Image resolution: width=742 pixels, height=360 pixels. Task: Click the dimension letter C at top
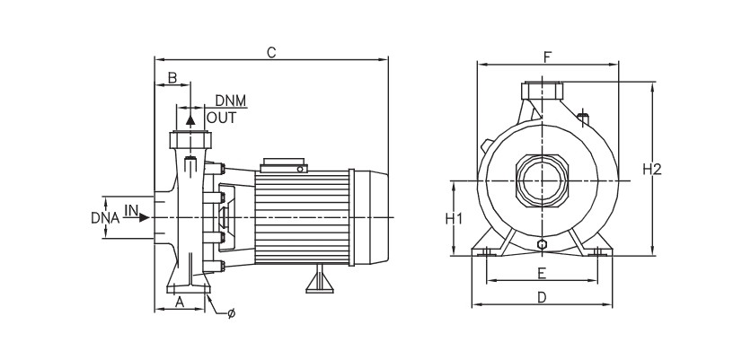click(270, 52)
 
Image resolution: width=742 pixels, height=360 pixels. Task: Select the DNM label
click(230, 100)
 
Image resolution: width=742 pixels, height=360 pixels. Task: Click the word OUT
click(222, 117)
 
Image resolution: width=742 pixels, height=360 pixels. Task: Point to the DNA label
click(106, 217)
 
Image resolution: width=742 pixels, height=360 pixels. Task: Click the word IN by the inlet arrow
click(131, 210)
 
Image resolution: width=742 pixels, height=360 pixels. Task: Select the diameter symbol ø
click(232, 313)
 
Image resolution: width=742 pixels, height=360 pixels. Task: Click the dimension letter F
click(547, 57)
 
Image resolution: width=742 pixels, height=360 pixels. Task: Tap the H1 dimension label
click(454, 218)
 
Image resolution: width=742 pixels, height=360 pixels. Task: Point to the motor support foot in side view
click(320, 281)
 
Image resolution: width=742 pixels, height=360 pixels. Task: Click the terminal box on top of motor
click(284, 165)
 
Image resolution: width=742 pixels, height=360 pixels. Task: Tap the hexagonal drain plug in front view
click(542, 244)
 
